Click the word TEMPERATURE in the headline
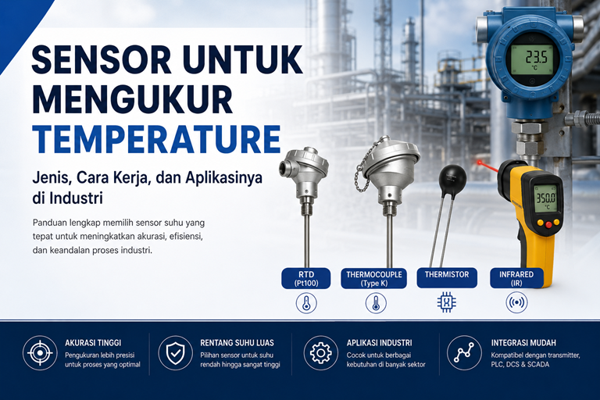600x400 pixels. [x=156, y=138]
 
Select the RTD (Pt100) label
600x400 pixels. [x=306, y=279]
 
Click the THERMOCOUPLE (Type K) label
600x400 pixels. [x=374, y=279]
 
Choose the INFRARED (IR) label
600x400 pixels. [x=516, y=278]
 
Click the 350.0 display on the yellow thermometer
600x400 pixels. [x=545, y=198]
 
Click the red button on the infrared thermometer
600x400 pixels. [x=549, y=225]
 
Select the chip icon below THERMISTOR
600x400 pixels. [x=447, y=302]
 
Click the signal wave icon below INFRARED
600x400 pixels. [x=516, y=302]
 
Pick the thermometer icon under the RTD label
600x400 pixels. [x=306, y=303]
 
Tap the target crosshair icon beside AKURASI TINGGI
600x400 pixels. [x=40, y=352]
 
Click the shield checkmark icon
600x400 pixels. [x=176, y=352]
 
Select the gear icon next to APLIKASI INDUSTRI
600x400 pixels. [x=320, y=352]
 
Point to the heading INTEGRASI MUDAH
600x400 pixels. [x=523, y=343]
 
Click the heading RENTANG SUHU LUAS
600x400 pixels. [x=237, y=343]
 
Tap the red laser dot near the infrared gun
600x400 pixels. [x=479, y=162]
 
